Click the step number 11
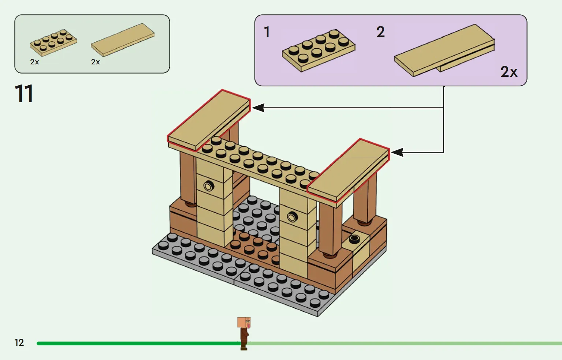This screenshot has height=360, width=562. [24, 94]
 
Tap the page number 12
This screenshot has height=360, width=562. [19, 342]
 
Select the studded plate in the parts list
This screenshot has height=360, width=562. [53, 42]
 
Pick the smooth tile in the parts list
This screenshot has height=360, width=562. [123, 40]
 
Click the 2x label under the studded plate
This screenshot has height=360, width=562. [34, 62]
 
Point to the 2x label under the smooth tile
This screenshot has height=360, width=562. [96, 62]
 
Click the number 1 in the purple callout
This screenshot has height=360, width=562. [267, 32]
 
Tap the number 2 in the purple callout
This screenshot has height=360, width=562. [380, 32]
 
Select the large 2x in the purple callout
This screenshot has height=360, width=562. [509, 72]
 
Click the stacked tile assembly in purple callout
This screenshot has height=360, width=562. [444, 50]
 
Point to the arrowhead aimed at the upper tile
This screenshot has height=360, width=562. [258, 108]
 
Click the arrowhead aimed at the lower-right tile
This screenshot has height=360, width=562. [397, 152]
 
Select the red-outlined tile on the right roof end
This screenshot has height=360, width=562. [348, 170]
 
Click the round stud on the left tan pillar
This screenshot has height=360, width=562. [209, 187]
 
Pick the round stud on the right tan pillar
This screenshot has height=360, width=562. [292, 217]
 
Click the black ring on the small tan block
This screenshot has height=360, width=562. [354, 239]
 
